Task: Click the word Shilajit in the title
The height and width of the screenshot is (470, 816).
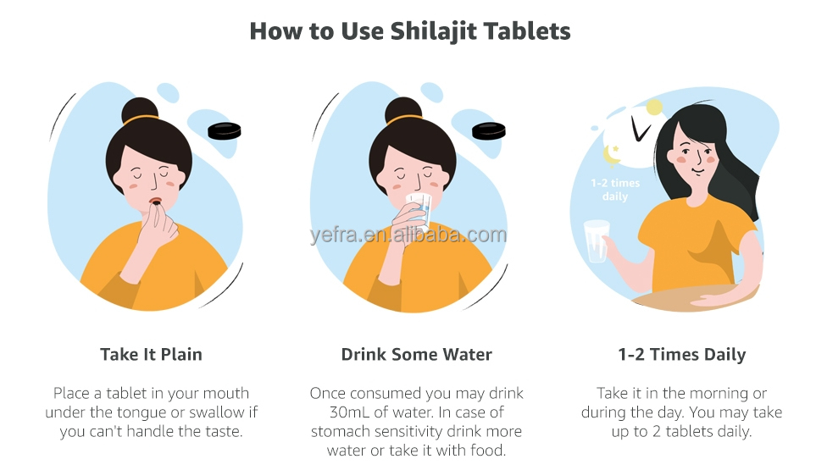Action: [433, 31]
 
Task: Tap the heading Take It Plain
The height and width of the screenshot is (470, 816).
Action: [151, 354]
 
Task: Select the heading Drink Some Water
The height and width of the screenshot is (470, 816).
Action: [416, 354]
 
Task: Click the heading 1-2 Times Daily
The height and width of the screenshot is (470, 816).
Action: [682, 355]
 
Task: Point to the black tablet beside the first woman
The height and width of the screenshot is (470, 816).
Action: [225, 130]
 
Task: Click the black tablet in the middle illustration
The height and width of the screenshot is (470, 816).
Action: [489, 130]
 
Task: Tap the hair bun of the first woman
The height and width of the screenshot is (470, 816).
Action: [140, 110]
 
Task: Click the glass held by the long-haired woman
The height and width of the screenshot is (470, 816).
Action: [596, 241]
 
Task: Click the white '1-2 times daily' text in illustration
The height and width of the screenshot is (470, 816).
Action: [615, 190]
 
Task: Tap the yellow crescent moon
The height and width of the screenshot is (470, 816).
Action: [612, 154]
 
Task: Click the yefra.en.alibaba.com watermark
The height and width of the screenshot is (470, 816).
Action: [408, 235]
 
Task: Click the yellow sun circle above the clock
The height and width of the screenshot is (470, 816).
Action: [654, 108]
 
